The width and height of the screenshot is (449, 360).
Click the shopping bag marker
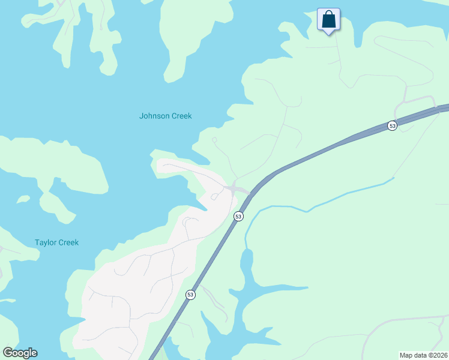click(328, 20)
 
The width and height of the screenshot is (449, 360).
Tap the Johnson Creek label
click(165, 116)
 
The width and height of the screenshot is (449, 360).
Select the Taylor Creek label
click(56, 242)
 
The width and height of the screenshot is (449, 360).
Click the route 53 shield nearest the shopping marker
click(392, 126)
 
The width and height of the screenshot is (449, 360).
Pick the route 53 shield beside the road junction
click(238, 216)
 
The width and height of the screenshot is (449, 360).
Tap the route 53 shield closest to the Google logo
click(190, 295)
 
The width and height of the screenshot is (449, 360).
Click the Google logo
click(20, 353)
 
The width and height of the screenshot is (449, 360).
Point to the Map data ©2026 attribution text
click(423, 355)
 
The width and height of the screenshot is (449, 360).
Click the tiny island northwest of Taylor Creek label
click(23, 199)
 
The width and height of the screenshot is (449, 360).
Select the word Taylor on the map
click(46, 242)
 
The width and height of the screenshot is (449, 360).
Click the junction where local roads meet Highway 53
click(232, 190)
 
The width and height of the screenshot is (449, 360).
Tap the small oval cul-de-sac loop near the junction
click(214, 196)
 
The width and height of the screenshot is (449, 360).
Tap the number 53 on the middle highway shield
click(238, 216)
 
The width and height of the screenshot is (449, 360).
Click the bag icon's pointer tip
click(328, 34)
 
